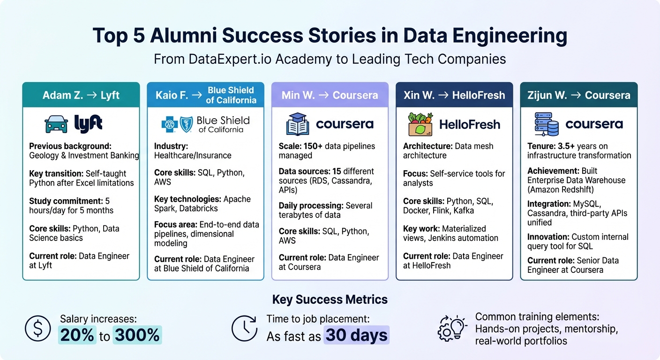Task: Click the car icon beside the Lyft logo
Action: (56, 124)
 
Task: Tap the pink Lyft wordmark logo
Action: (88, 124)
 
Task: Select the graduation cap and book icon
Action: (298, 124)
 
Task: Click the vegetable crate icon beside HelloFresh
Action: (420, 124)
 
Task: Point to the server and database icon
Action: (547, 124)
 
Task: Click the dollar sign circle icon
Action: (38, 328)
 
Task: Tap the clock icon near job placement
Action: (244, 328)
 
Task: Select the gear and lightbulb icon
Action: (452, 328)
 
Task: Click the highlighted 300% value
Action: (137, 335)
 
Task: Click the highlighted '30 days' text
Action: (356, 335)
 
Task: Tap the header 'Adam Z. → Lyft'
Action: (81, 95)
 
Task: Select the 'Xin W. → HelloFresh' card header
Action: (454, 95)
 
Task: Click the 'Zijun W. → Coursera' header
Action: (578, 95)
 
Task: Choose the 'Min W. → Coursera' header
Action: (330, 95)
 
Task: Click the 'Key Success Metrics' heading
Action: (330, 300)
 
